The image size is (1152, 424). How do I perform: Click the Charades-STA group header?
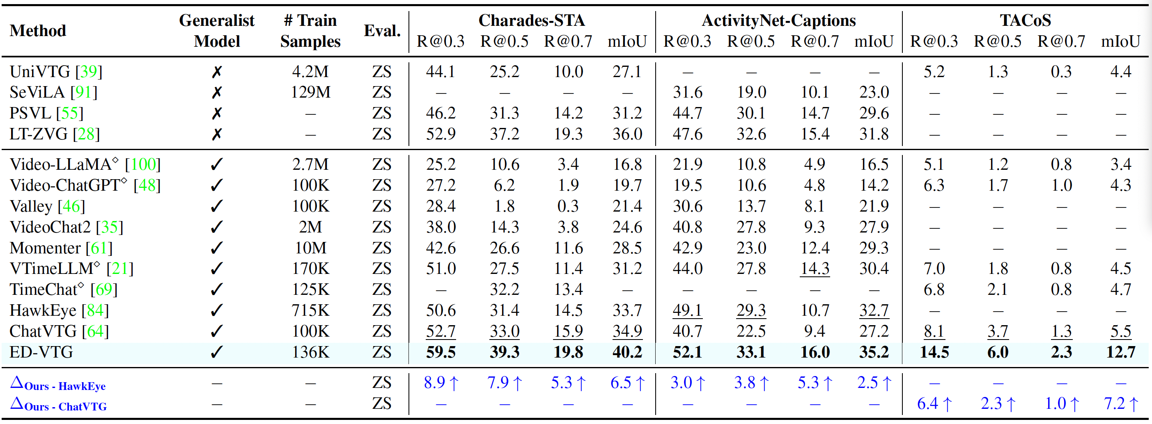(x=531, y=21)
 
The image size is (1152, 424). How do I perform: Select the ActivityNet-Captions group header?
(x=778, y=21)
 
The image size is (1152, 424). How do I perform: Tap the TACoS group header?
(x=1025, y=21)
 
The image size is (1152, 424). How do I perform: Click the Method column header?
(x=38, y=31)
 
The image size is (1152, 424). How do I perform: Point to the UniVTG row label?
(x=40, y=71)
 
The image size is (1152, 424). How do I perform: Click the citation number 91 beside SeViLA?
(x=84, y=93)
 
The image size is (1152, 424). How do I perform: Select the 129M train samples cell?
(x=310, y=93)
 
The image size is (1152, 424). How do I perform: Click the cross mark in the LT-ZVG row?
(x=217, y=134)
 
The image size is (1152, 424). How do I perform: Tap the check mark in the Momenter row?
(x=217, y=248)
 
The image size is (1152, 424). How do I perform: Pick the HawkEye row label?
(x=43, y=310)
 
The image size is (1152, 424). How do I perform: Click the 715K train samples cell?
(x=310, y=310)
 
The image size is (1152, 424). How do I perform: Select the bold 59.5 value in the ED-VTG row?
(x=441, y=353)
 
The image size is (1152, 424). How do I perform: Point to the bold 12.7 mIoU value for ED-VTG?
(x=1120, y=353)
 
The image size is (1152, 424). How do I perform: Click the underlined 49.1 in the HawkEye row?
(x=687, y=310)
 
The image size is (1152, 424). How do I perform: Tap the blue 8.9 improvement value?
(x=434, y=383)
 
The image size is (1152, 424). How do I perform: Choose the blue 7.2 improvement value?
(x=1114, y=404)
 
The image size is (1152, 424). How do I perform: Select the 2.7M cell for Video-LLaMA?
(x=310, y=164)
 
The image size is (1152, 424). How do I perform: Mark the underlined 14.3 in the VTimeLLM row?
(x=815, y=269)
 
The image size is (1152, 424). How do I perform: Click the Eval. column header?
(x=382, y=31)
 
